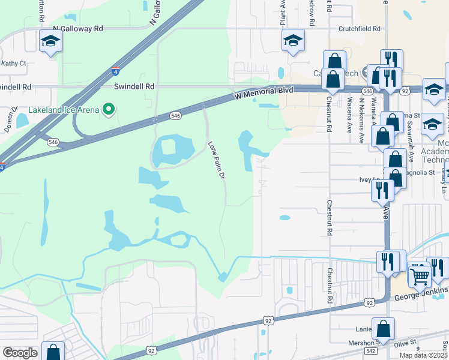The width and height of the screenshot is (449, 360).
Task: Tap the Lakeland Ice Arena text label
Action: pyautogui.click(x=64, y=110)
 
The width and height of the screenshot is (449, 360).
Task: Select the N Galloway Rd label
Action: pyautogui.click(x=78, y=28)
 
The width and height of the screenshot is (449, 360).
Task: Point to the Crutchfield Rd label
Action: pyautogui.click(x=360, y=28)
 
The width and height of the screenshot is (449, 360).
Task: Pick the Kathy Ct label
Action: pyautogui.click(x=14, y=63)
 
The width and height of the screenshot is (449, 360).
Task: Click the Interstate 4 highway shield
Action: pyautogui.click(x=114, y=73)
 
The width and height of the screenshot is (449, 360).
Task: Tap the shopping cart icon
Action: pyautogui.click(x=420, y=275)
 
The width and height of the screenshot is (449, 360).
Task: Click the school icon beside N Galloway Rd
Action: pyautogui.click(x=51, y=42)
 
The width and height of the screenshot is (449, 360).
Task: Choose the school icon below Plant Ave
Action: pyautogui.click(x=293, y=41)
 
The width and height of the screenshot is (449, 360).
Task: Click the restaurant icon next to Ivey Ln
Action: pyautogui.click(x=382, y=189)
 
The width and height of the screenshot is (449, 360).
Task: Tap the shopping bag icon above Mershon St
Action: pyautogui.click(x=382, y=329)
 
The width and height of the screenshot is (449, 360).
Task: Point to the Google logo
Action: pyautogui.click(x=20, y=353)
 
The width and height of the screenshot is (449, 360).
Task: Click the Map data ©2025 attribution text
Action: pyautogui.click(x=424, y=355)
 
